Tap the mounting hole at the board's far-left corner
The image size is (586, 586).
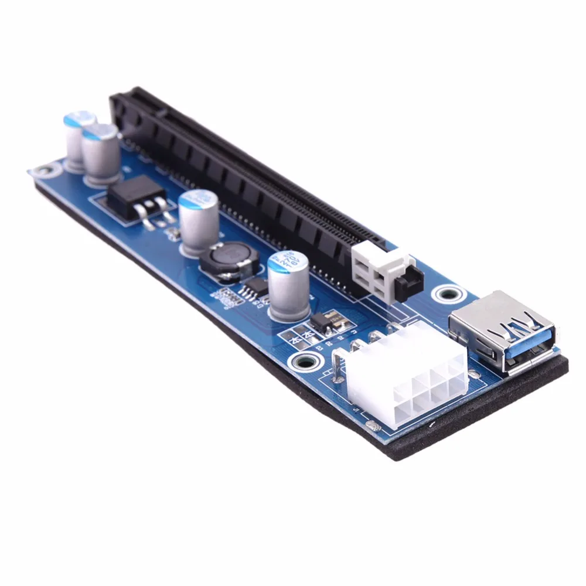[40, 172]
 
